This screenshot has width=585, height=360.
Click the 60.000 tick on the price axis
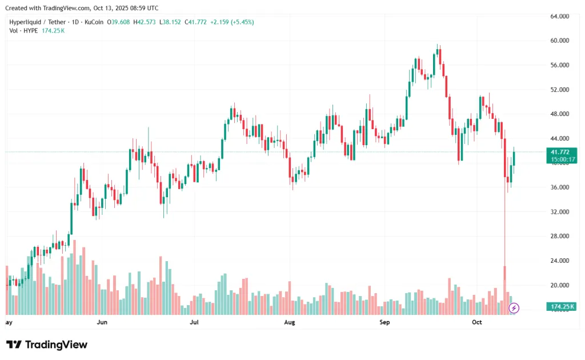pyautogui.click(x=559, y=41)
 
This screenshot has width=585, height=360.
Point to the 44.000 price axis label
pyautogui.click(x=559, y=139)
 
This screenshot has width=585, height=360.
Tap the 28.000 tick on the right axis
pyautogui.click(x=559, y=237)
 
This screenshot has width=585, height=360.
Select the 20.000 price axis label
pyautogui.click(x=559, y=285)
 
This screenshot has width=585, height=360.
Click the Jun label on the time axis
pyautogui.click(x=102, y=323)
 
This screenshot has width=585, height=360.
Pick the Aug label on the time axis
pyautogui.click(x=289, y=323)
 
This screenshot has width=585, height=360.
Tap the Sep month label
pyautogui.click(x=384, y=323)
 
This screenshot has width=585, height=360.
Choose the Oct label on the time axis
pyautogui.click(x=478, y=323)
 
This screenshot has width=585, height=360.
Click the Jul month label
pyautogui.click(x=195, y=323)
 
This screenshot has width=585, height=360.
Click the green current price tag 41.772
pyautogui.click(x=559, y=152)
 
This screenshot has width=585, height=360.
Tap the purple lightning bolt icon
pyautogui.click(x=514, y=309)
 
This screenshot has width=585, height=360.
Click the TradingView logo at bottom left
pyautogui.click(x=47, y=345)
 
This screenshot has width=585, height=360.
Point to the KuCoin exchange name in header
pyautogui.click(x=94, y=22)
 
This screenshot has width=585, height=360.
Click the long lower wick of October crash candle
pyautogui.click(x=504, y=229)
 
